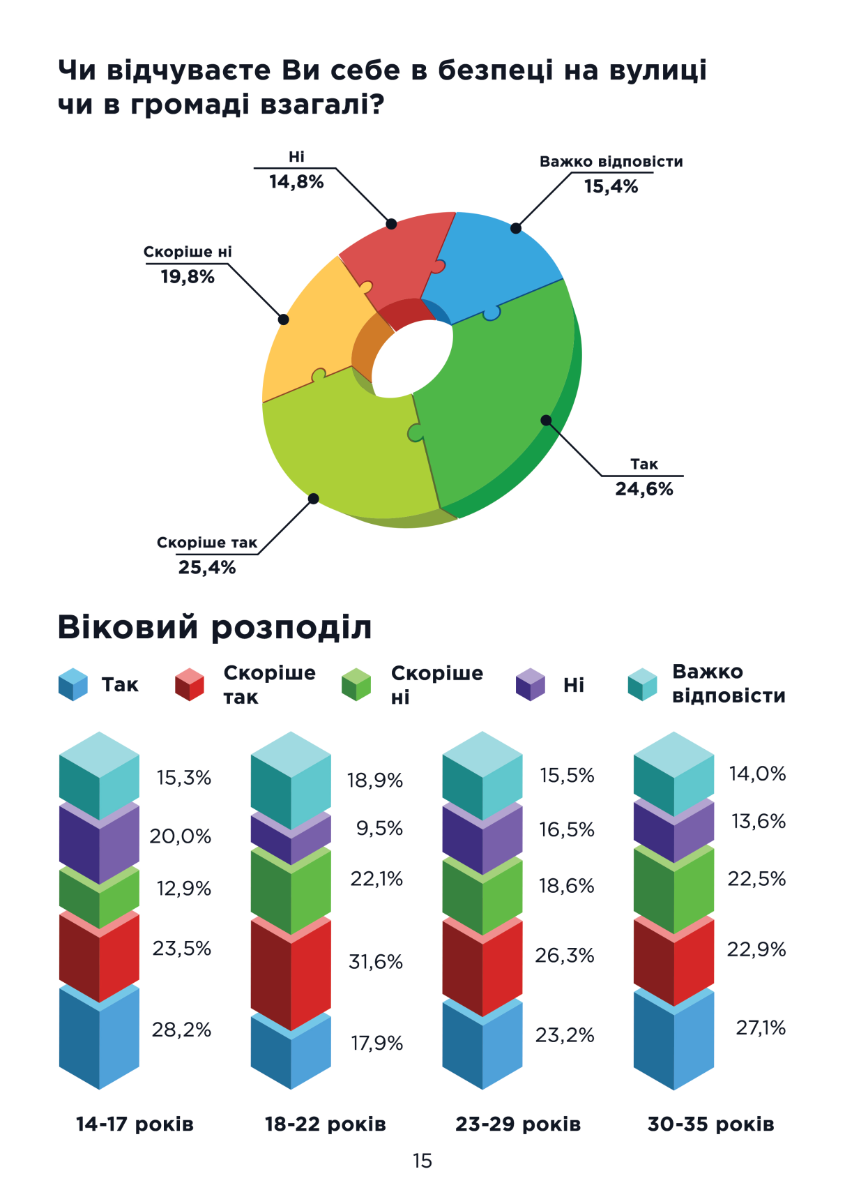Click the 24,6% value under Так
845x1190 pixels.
[x=644, y=489]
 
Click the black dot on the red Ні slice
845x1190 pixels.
[x=391, y=224]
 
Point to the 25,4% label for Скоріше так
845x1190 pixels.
[x=207, y=568]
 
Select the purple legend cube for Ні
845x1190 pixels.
[x=530, y=685]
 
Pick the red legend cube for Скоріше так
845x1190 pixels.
[x=189, y=685]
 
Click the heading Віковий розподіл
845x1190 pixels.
[x=214, y=627]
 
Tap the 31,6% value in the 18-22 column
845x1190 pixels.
[x=376, y=962]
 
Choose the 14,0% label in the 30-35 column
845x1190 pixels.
[x=757, y=774]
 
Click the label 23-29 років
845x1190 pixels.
[x=517, y=1124]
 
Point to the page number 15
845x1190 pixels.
[x=422, y=1161]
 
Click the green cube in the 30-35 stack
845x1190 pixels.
[x=673, y=889]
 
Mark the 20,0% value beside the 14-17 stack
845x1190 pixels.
[x=180, y=836]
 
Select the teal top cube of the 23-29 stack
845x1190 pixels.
[x=482, y=774]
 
